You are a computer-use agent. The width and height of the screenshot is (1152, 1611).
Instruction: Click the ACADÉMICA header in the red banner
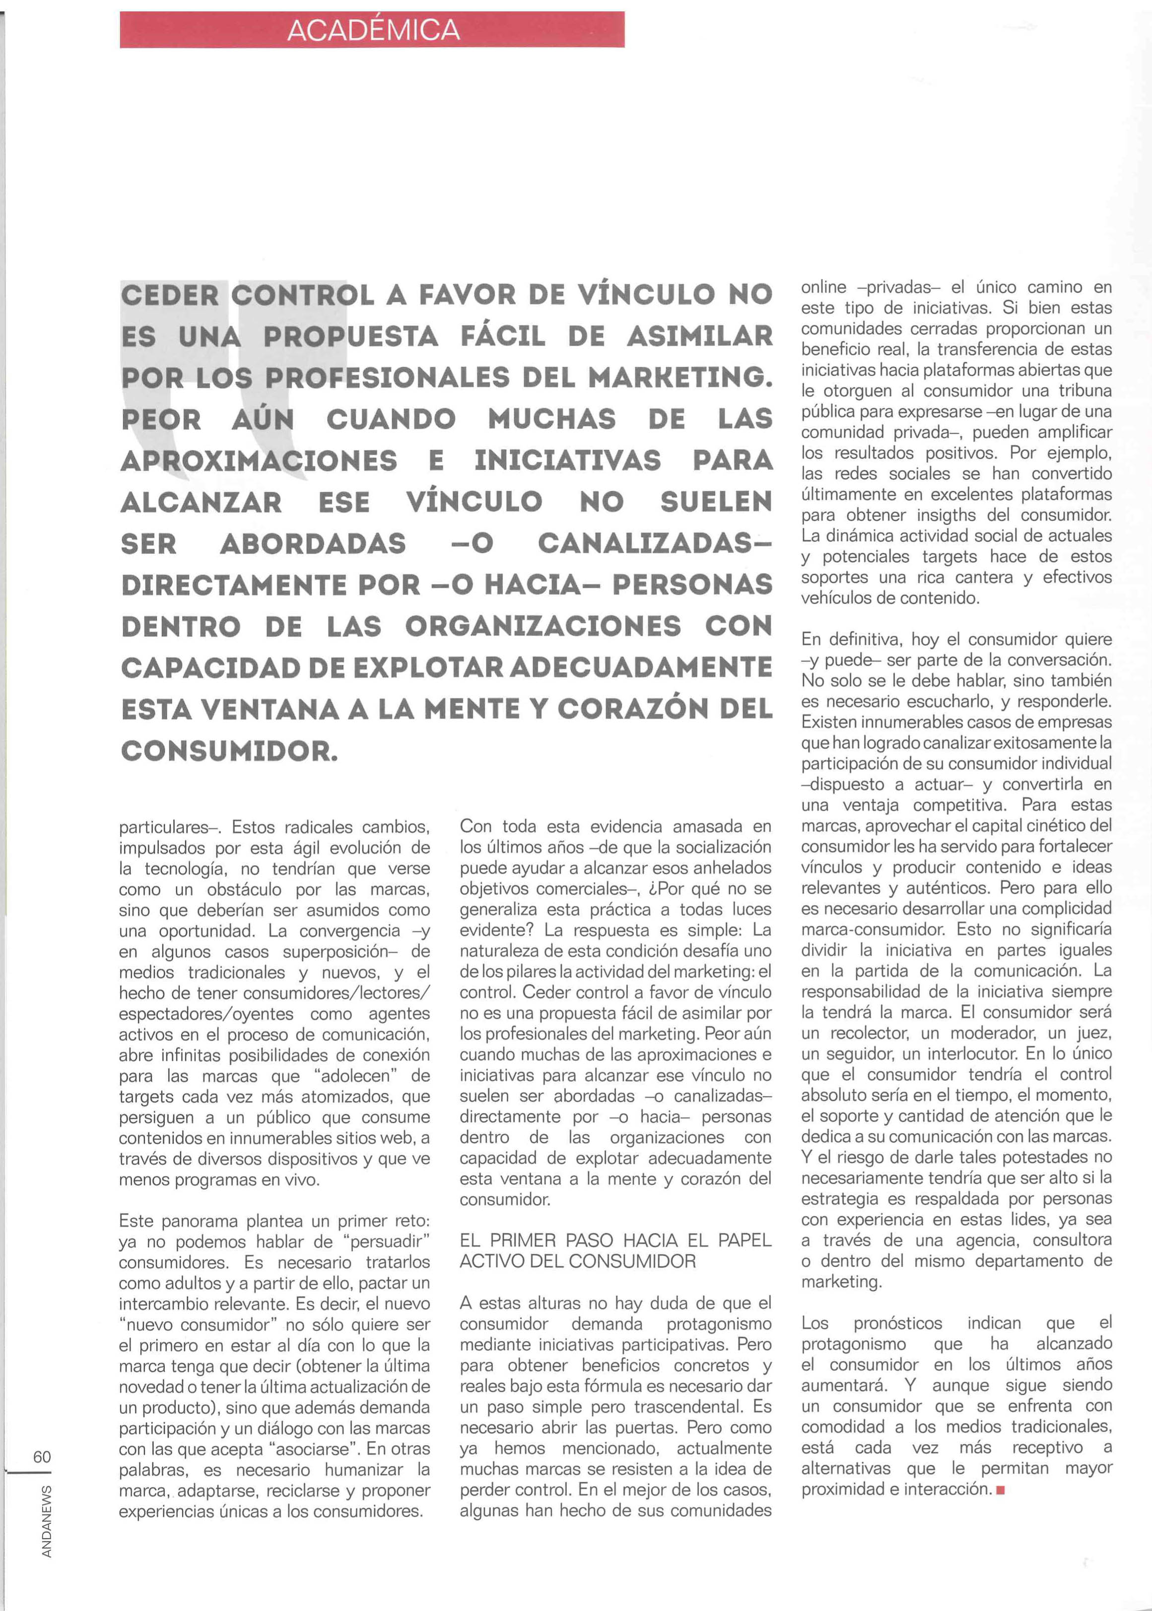click(x=373, y=30)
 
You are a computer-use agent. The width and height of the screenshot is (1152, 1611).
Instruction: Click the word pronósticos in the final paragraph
click(x=898, y=1323)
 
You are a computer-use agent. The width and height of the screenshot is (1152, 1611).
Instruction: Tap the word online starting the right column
click(x=823, y=287)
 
